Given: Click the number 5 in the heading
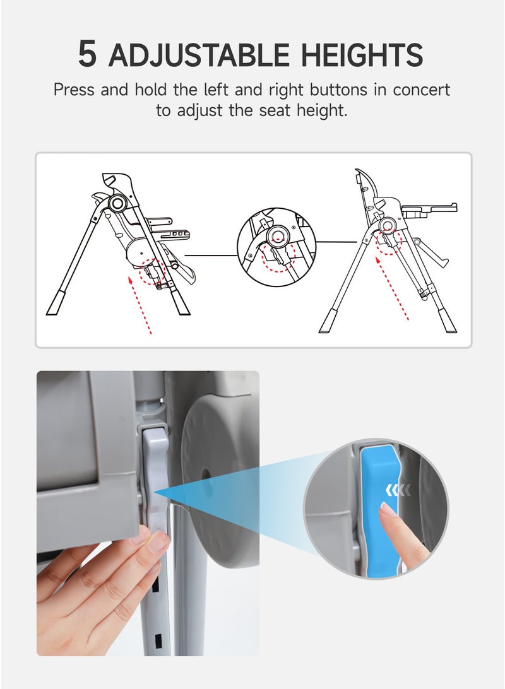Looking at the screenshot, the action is [87, 54].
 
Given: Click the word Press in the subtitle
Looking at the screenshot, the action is [74, 90].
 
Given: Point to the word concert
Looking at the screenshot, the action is [421, 90].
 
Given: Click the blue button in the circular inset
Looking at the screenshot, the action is [379, 510].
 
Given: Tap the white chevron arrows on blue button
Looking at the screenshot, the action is [398, 490].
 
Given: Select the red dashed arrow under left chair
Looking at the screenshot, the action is [141, 305].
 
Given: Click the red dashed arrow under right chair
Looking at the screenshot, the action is [393, 288].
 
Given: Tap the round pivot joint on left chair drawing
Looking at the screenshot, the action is [118, 203].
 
